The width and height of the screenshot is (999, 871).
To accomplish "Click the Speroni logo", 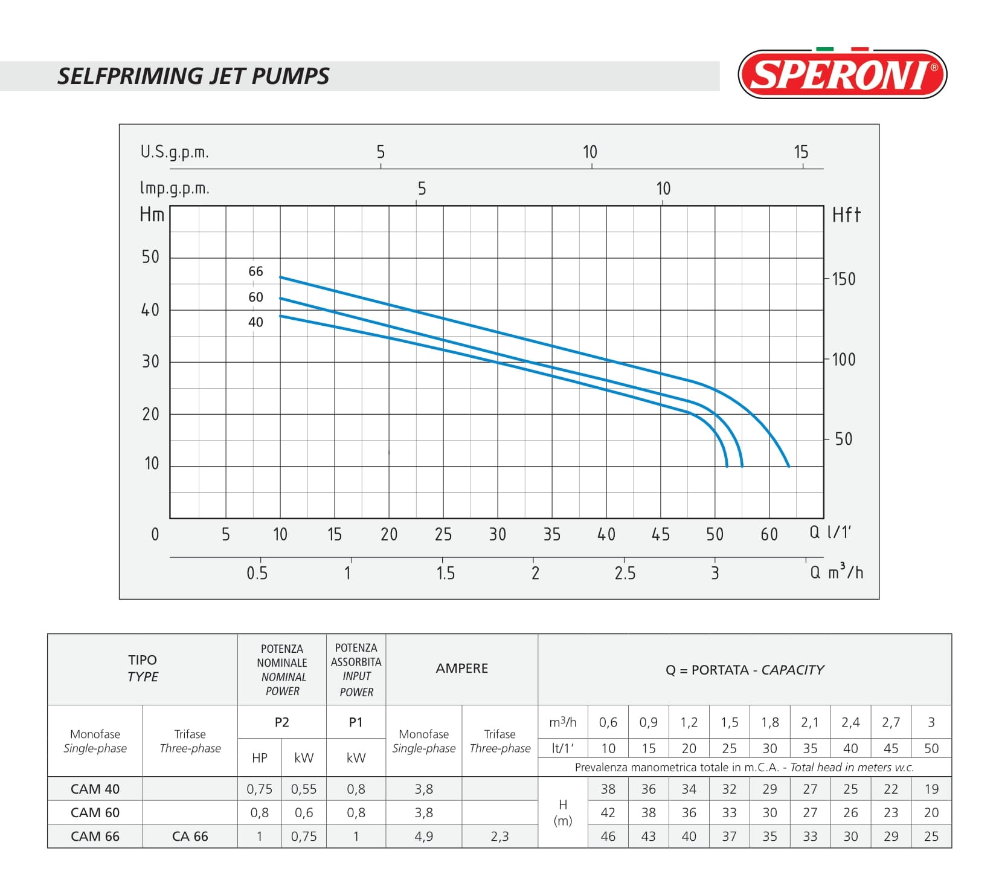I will coord(842,75).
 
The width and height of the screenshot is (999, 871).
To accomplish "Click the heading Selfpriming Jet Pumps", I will coord(193,76).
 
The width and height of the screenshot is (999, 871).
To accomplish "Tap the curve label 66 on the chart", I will coord(255,271).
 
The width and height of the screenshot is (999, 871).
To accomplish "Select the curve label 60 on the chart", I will coord(255,297).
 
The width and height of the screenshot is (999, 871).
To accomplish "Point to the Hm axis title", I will coord(152,215).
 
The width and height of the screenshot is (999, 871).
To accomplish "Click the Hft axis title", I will coord(846,215).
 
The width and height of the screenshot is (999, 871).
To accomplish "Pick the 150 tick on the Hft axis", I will coord(843,279).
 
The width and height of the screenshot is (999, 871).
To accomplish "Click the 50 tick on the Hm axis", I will coord(150,257).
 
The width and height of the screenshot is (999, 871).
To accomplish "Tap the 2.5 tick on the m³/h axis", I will coord(625,573).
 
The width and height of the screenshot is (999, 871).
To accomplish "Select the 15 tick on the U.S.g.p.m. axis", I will coord(800,152).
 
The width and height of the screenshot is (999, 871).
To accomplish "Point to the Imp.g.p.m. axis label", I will coord(175,188).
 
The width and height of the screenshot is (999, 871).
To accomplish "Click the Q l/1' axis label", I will coord(830,533).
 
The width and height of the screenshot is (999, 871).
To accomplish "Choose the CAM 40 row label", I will coord(95,789).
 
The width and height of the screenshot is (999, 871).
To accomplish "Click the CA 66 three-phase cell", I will coord(190,837).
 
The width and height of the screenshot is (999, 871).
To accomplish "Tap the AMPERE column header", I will coord(461,669).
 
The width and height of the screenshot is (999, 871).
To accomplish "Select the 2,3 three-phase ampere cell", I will coord(500,837).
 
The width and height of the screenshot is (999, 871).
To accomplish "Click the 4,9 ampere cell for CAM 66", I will coord(423,837).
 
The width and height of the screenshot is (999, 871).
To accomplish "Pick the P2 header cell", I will coord(281,722).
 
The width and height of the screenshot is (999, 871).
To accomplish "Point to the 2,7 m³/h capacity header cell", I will coord(890,722).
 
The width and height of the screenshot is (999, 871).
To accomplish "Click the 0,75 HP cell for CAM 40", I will coord(259,789).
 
